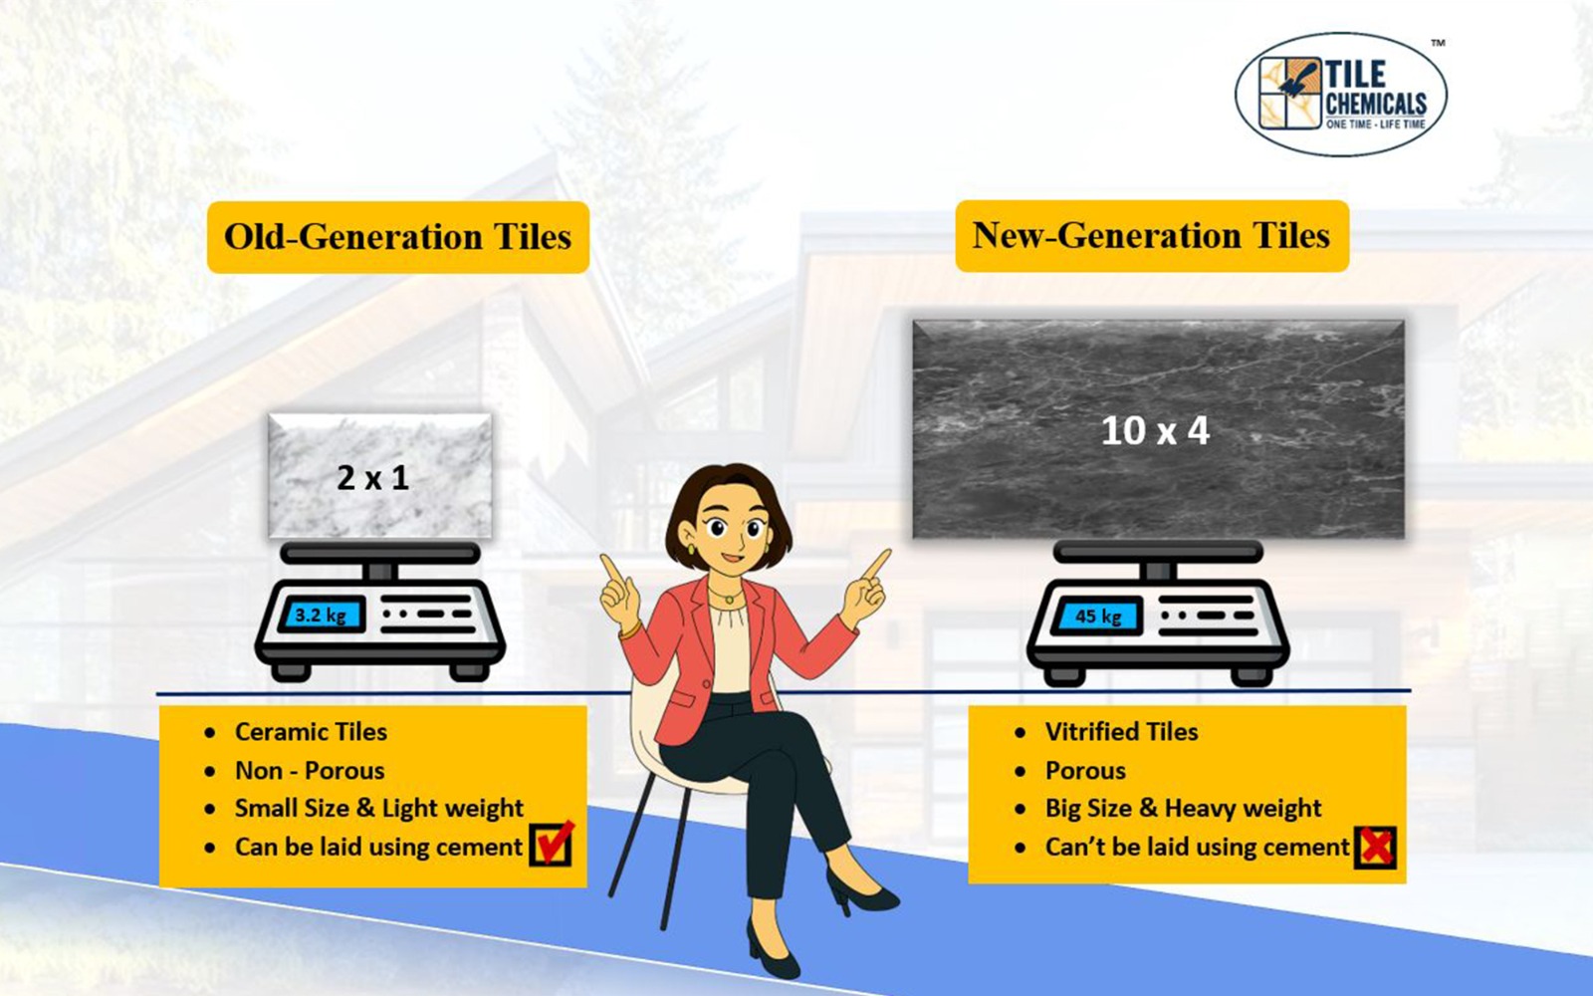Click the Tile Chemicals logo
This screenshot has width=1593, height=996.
[x=1341, y=95]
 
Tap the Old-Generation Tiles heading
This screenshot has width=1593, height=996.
[x=397, y=237]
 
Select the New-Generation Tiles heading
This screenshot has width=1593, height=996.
[x=1152, y=235]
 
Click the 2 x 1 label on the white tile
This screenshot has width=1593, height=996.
[x=373, y=477]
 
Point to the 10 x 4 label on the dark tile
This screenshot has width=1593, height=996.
[x=1155, y=430]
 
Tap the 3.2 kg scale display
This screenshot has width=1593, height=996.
[x=322, y=616]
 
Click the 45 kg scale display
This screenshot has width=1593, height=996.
[x=1098, y=617]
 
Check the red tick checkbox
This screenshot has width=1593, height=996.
[x=552, y=844]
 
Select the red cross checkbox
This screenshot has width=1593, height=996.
[x=1375, y=847]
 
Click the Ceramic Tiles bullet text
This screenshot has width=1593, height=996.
[x=311, y=731]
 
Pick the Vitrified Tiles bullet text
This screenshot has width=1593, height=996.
[x=1121, y=731]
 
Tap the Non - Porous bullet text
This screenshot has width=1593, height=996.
[x=310, y=771]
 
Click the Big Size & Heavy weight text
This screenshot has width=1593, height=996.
[x=1184, y=808]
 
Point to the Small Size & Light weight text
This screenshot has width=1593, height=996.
[x=379, y=808]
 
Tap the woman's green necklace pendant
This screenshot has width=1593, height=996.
[x=730, y=600]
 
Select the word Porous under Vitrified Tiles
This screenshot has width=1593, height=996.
[x=1085, y=771]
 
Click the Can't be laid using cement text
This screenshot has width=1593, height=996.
[x=1197, y=847]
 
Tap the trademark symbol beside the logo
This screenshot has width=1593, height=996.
[x=1438, y=43]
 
